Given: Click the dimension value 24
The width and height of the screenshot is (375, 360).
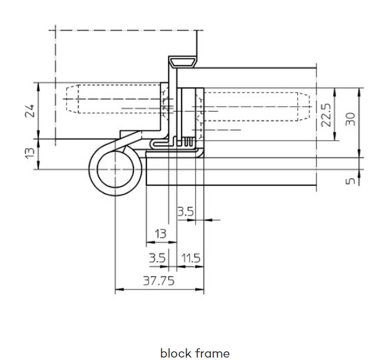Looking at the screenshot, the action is [x=30, y=111].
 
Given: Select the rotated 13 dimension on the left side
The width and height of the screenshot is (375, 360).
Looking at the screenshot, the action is [x=30, y=153].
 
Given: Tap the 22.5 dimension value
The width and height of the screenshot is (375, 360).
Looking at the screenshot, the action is [x=326, y=115].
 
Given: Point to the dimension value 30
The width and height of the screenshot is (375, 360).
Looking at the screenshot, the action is [x=351, y=119].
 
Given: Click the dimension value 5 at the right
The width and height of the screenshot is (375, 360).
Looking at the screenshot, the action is [x=351, y=181].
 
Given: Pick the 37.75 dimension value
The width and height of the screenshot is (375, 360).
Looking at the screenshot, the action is [x=159, y=280].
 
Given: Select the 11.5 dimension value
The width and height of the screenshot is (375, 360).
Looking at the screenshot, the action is [x=191, y=258].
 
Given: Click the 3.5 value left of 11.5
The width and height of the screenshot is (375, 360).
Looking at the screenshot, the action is [x=157, y=258].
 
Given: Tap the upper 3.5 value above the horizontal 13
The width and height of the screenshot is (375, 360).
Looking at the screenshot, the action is [x=185, y=212].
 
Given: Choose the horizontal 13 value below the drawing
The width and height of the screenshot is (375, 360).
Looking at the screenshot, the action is [x=161, y=233].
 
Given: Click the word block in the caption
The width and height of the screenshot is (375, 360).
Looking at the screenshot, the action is [x=176, y=353].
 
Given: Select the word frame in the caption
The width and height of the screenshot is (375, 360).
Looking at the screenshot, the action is [x=213, y=353].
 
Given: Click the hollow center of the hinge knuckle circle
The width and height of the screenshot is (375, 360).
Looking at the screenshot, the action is [x=116, y=169].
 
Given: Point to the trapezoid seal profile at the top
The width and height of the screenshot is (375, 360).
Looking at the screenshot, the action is [x=182, y=62].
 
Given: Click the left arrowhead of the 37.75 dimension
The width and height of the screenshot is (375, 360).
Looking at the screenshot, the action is [x=119, y=290].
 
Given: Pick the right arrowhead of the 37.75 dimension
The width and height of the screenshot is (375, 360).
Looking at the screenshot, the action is [x=200, y=290].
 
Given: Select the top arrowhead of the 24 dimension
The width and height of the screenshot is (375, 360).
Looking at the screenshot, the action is [x=38, y=87].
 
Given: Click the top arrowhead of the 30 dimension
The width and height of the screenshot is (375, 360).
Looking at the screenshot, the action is [x=359, y=92].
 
